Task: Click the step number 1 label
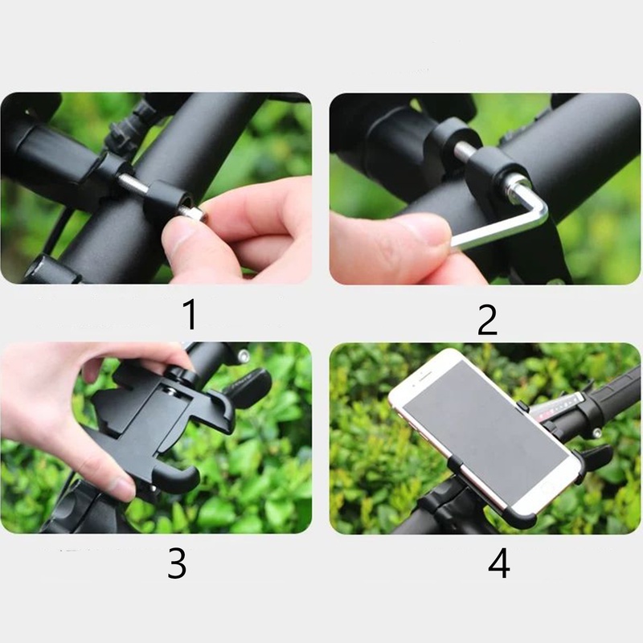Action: [190, 314]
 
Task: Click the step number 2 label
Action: [487, 319]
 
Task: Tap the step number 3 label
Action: [177, 563]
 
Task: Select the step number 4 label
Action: [499, 563]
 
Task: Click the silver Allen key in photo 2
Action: [529, 222]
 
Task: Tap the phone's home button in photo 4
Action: [547, 489]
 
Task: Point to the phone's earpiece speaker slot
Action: [425, 375]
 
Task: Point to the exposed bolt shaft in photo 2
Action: [465, 151]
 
